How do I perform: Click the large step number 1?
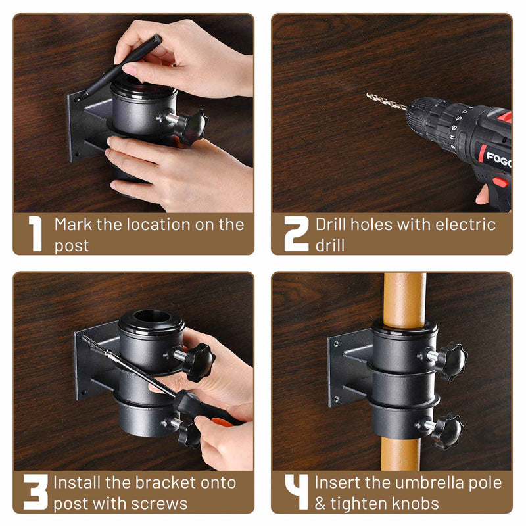point(35,233)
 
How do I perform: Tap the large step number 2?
point(296,233)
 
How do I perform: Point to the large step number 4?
point(296,492)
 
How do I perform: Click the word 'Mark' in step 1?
point(74,224)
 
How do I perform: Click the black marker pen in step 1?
point(122,66)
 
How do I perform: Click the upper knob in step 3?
point(197,361)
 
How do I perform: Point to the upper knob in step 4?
point(451,360)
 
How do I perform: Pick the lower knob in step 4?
point(448,431)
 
